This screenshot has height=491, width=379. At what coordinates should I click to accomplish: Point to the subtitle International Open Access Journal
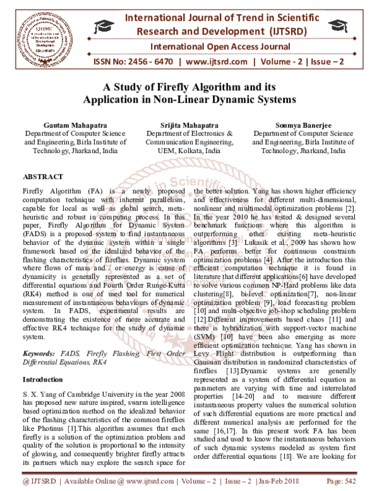click(x=212, y=46)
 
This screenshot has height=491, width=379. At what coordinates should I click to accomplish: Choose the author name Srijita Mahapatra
click(x=189, y=125)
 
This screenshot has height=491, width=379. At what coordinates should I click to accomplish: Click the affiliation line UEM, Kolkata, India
click(x=189, y=152)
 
